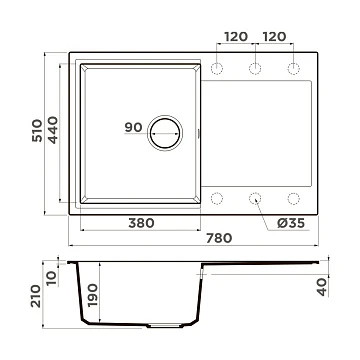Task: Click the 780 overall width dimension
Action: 219,238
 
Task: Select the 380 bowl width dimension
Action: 141,223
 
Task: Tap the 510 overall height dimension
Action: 37,130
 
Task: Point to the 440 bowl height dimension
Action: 53,130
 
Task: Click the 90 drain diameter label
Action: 133,127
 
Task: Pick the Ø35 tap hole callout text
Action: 291,223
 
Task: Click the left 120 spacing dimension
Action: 236,37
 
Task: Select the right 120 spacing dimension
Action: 274,37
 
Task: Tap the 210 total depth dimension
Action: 36,296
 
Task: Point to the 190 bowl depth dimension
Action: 92,295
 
